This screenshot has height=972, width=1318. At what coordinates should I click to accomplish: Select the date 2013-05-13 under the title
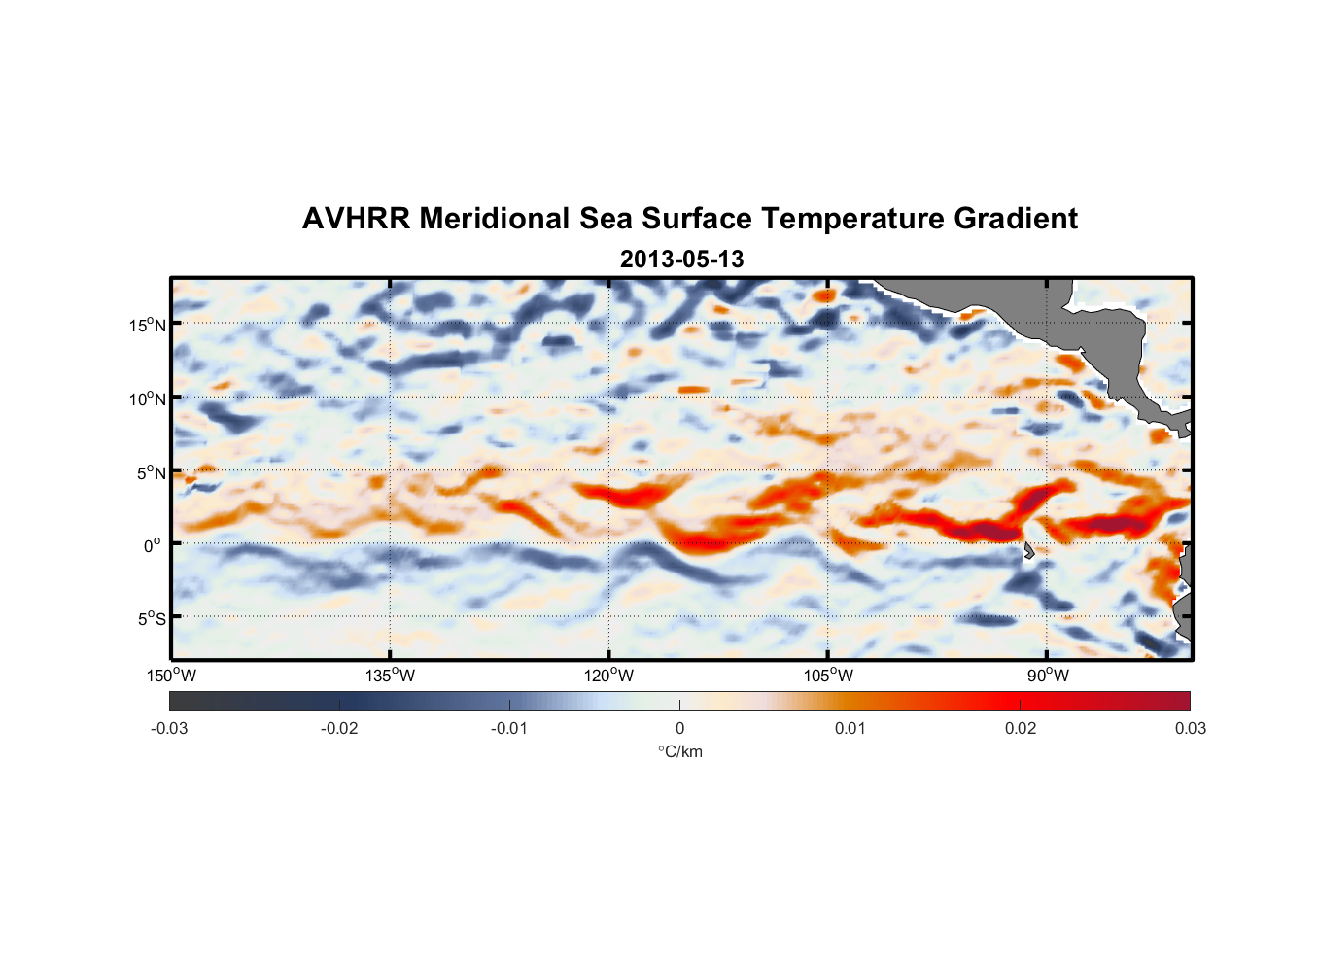pyautogui.click(x=681, y=260)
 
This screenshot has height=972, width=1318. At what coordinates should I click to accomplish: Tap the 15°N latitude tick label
pyautogui.click(x=148, y=325)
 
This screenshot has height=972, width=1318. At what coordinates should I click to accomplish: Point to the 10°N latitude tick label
pyautogui.click(x=148, y=399)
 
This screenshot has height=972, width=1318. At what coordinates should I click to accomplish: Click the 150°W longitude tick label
pyautogui.click(x=172, y=676)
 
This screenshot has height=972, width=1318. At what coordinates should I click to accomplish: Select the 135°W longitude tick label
pyautogui.click(x=391, y=676)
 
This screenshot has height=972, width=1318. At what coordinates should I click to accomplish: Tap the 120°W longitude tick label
pyautogui.click(x=609, y=676)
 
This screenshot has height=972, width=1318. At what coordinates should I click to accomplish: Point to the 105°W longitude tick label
pyautogui.click(x=828, y=676)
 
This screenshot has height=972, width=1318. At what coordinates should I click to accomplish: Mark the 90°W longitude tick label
pyautogui.click(x=1047, y=676)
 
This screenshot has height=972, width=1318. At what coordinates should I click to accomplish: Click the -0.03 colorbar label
pyautogui.click(x=169, y=728)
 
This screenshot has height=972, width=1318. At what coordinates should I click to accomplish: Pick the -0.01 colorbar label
pyautogui.click(x=509, y=728)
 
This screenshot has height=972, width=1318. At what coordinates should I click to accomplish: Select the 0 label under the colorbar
pyautogui.click(x=679, y=728)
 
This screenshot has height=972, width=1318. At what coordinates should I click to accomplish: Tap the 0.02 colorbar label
pyautogui.click(x=1021, y=728)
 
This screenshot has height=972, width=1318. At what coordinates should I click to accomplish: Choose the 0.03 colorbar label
pyautogui.click(x=1190, y=728)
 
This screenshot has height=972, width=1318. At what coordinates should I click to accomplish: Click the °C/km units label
pyautogui.click(x=680, y=751)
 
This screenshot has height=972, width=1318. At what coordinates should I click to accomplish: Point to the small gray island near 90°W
pyautogui.click(x=1028, y=551)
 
